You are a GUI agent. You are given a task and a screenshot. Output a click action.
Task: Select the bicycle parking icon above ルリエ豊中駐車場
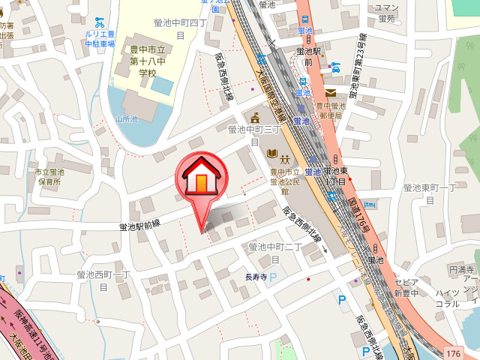100,22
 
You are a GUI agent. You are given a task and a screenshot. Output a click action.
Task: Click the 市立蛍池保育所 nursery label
48,177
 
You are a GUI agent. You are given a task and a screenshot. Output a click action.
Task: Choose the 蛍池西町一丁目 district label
103,280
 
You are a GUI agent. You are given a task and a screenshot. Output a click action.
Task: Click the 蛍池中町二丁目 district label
274,251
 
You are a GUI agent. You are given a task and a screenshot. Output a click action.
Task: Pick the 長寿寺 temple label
256,277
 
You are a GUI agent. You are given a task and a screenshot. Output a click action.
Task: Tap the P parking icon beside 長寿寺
273,277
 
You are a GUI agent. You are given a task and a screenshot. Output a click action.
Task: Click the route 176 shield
452,352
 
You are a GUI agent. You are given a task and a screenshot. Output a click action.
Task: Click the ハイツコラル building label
448,298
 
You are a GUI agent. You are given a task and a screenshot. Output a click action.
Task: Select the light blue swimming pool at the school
161,84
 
